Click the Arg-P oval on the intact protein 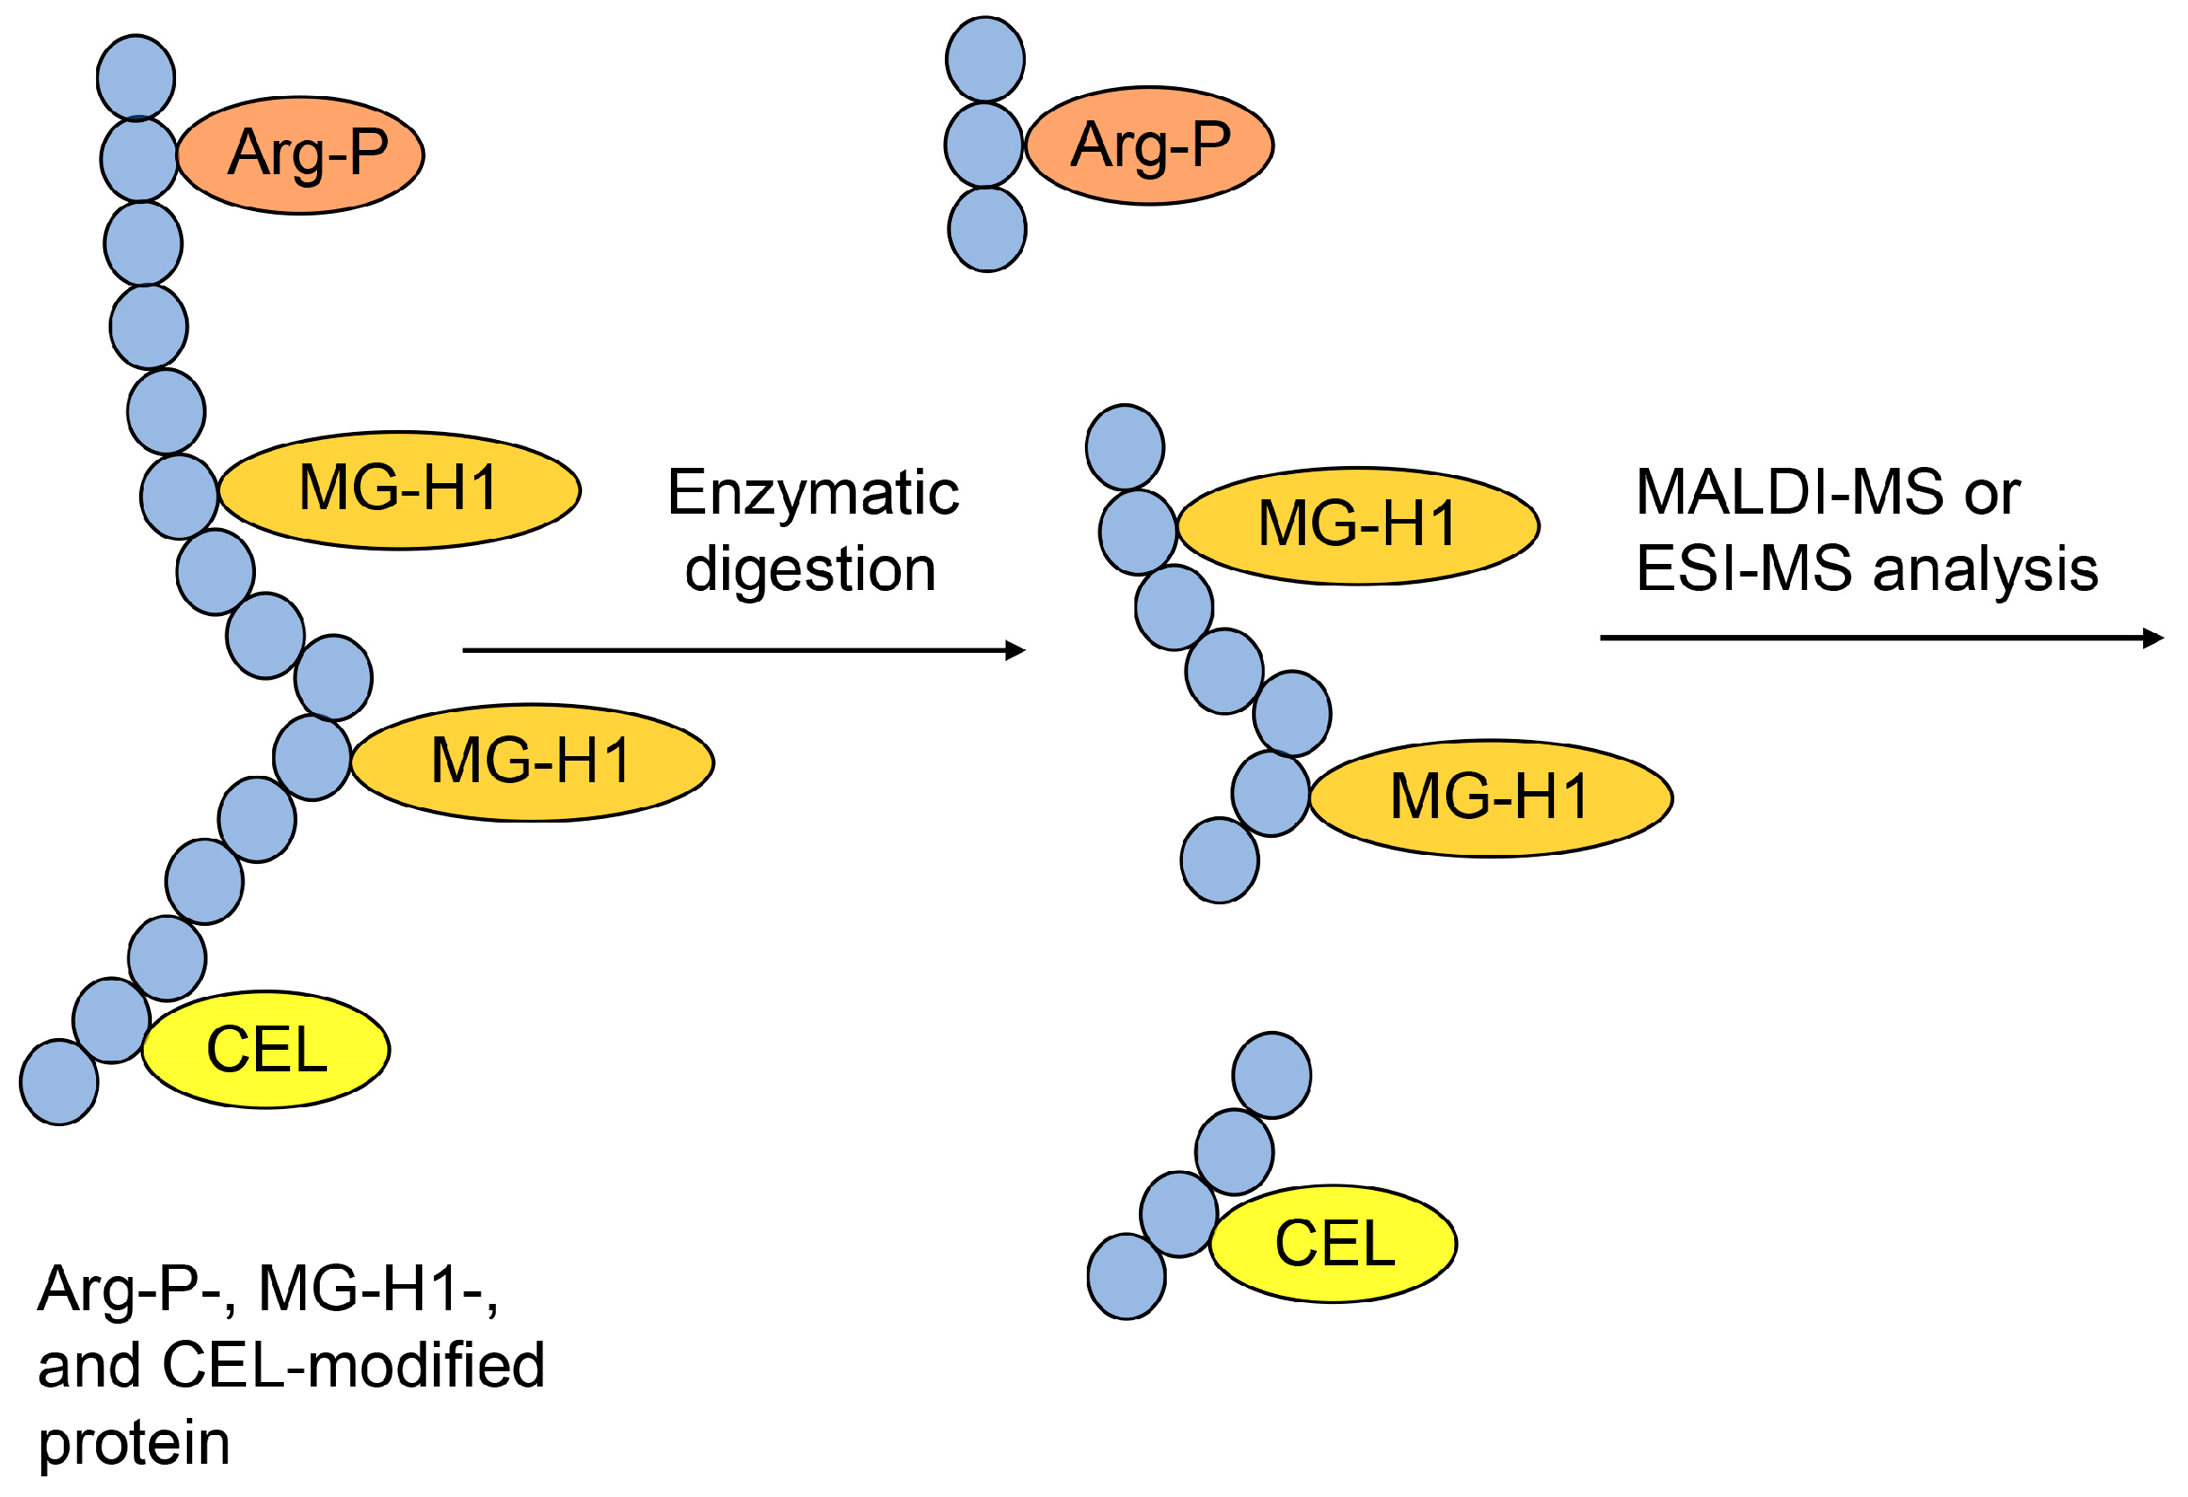pos(300,155)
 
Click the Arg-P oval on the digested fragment pos(1150,146)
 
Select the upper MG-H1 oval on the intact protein pos(399,490)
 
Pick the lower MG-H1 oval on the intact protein pos(532,762)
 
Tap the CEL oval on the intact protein pos(267,1050)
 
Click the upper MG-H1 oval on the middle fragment pos(1359,526)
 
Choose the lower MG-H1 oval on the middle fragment pos(1491,798)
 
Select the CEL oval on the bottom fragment pos(1334,1244)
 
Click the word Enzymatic pos(814,492)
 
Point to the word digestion pos(810,569)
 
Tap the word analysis pos(1987,569)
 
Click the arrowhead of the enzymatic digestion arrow pos(1017,650)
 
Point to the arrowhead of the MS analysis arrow pos(2154,638)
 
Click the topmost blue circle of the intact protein pos(137,78)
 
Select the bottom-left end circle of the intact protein pos(59,1083)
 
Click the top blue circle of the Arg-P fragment pos(985,59)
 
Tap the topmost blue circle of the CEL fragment pos(1272,1075)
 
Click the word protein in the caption pos(135,1443)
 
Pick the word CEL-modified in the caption pos(354,1365)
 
